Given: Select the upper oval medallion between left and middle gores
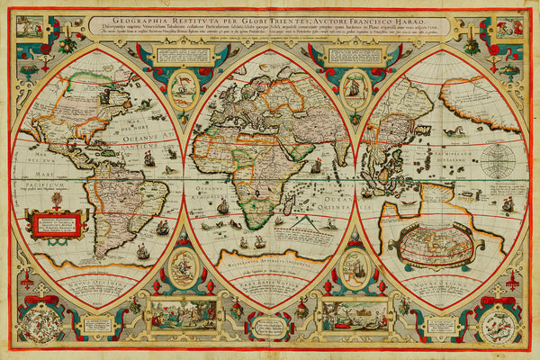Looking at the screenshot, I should (x=184, y=87).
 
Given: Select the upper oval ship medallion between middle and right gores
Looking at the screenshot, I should (x=354, y=87).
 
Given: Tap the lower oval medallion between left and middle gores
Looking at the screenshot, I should (x=184, y=266).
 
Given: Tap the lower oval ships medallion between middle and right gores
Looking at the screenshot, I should (x=354, y=267).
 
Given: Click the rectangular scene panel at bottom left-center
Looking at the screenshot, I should (x=183, y=315).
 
